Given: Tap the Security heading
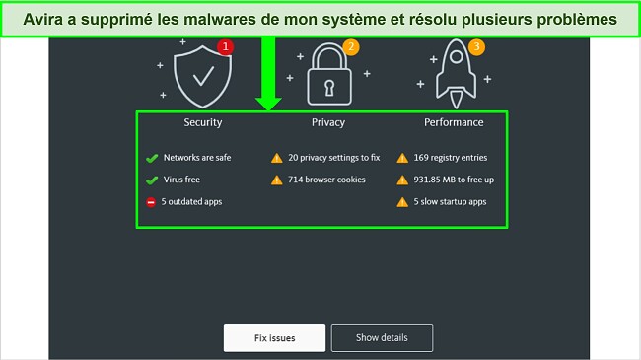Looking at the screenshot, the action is [203, 123].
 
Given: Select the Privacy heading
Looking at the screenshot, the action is [327, 123].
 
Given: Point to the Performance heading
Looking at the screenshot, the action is [454, 123].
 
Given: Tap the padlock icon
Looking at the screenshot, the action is [327, 76].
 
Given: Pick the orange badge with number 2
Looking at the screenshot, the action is [350, 46].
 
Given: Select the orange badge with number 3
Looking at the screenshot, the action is [476, 46].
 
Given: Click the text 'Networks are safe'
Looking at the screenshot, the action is [197, 157].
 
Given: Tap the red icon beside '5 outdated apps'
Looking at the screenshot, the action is [152, 202].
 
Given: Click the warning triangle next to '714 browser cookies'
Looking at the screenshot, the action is [277, 180].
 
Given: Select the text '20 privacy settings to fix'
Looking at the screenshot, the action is [334, 157].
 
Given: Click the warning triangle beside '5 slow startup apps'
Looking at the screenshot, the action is [402, 202].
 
